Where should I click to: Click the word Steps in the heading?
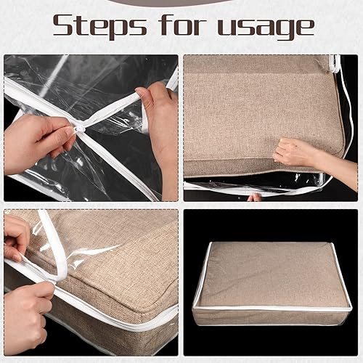(x=98, y=25)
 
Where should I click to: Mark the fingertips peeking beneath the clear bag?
(x=254, y=197)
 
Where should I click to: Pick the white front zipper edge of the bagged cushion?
(x=272, y=310)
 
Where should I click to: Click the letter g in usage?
(x=286, y=29)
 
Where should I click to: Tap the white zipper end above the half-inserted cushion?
(x=335, y=64)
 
